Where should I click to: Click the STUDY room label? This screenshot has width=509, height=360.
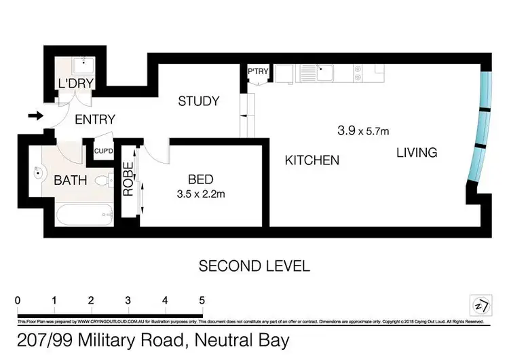pyautogui.click(x=198, y=101)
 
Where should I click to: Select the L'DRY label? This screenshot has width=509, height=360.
pyautogui.click(x=76, y=84)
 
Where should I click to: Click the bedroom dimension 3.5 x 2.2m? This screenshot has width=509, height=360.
pyautogui.click(x=200, y=194)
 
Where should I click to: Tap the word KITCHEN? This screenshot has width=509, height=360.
pyautogui.click(x=312, y=160)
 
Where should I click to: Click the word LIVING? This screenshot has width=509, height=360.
pyautogui.click(x=417, y=152)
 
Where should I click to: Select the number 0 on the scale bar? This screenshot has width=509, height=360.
pyautogui.click(x=17, y=299)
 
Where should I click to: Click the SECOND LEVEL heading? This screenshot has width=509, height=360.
pyautogui.click(x=254, y=266)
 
